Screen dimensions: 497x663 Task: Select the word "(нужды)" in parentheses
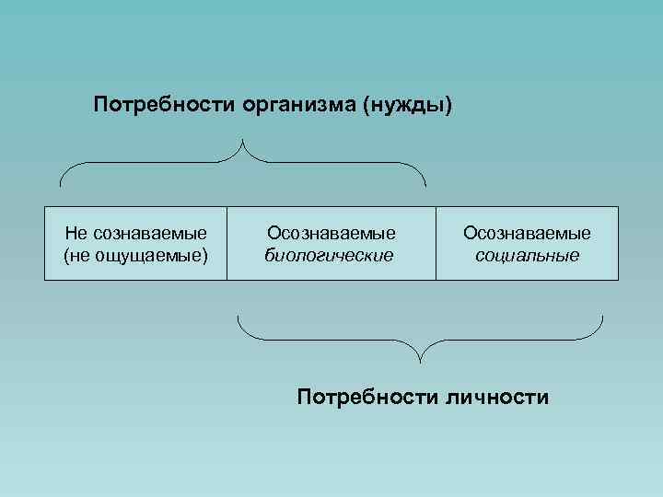[x=409, y=105]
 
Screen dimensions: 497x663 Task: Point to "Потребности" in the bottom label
[x=367, y=397]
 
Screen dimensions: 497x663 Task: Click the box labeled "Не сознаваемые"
[x=135, y=243]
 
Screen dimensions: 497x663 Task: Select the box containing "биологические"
[x=331, y=243]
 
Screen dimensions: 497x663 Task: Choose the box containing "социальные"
[x=527, y=243]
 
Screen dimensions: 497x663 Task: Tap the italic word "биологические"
[x=329, y=254]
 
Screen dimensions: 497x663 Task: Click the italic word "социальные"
[x=528, y=254]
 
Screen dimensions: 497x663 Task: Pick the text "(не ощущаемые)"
[x=135, y=254]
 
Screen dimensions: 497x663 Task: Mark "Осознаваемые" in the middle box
[x=331, y=234]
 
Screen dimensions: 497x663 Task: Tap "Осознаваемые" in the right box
[x=528, y=234]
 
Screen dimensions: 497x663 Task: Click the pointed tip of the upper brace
[x=244, y=141]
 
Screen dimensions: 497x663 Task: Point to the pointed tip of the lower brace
[x=421, y=359]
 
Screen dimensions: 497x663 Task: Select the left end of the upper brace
[x=62, y=183]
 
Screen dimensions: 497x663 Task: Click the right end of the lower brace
[x=602, y=318]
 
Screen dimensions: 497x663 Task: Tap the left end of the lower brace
[x=238, y=318]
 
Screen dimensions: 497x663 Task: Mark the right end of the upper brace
[x=425, y=183]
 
